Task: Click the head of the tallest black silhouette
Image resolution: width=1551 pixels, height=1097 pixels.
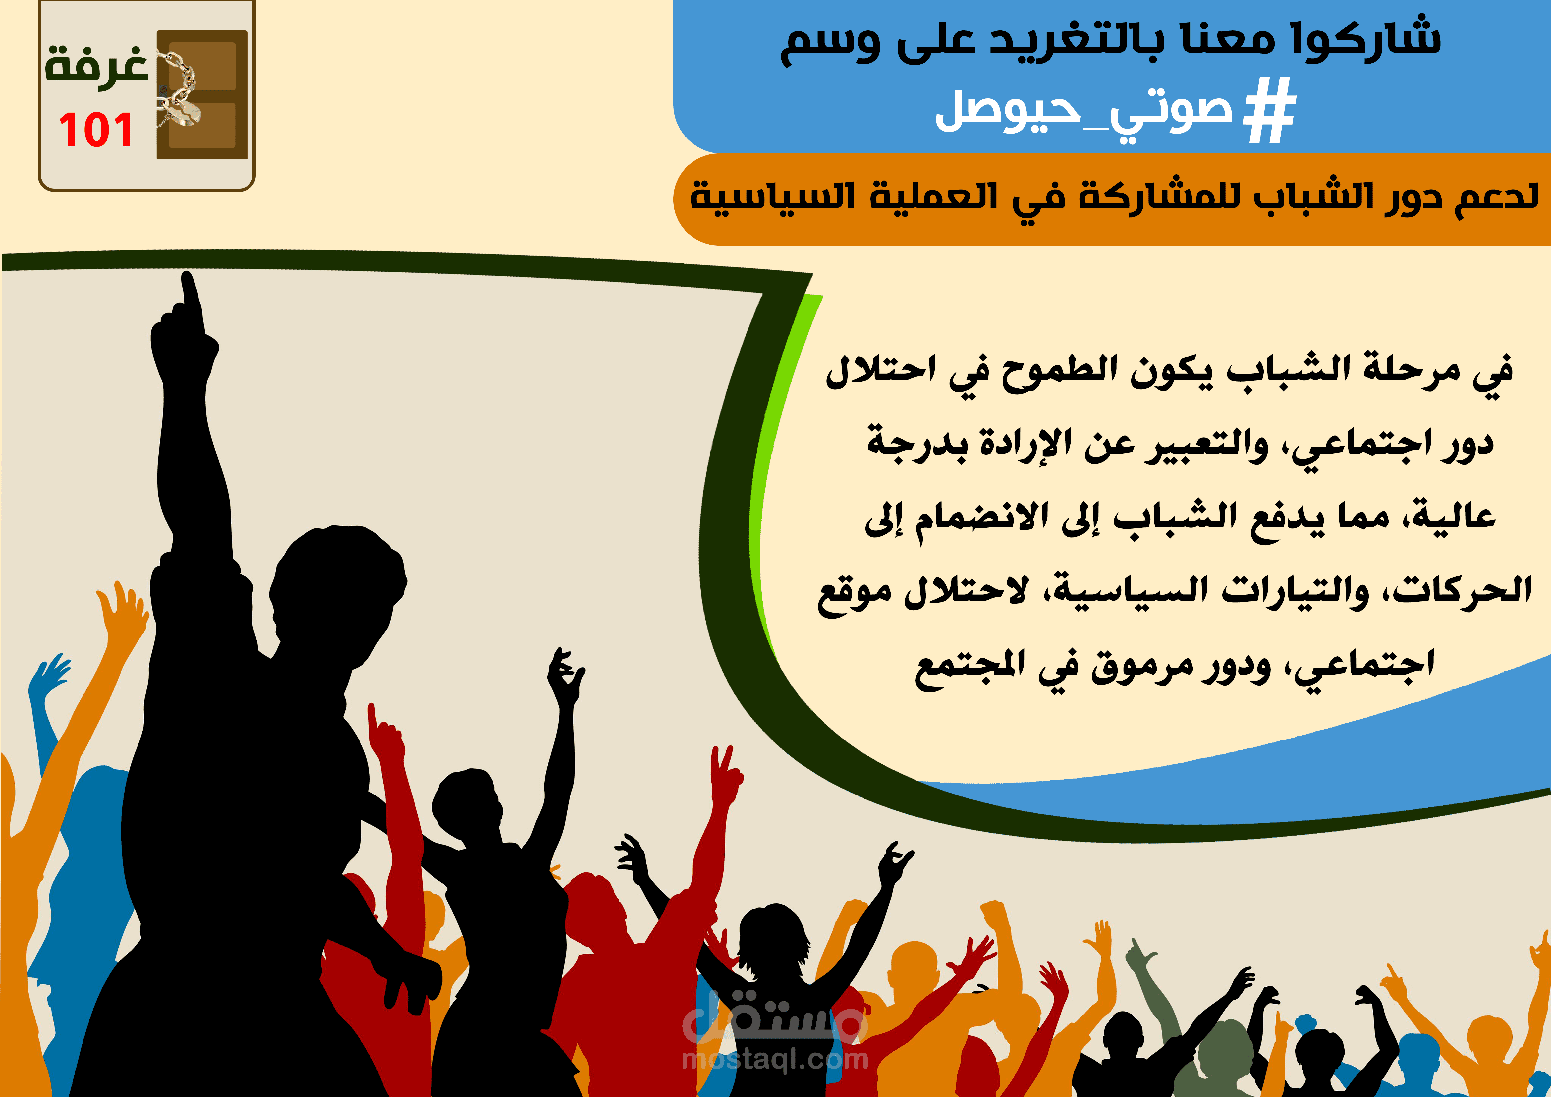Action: click(338, 581)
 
